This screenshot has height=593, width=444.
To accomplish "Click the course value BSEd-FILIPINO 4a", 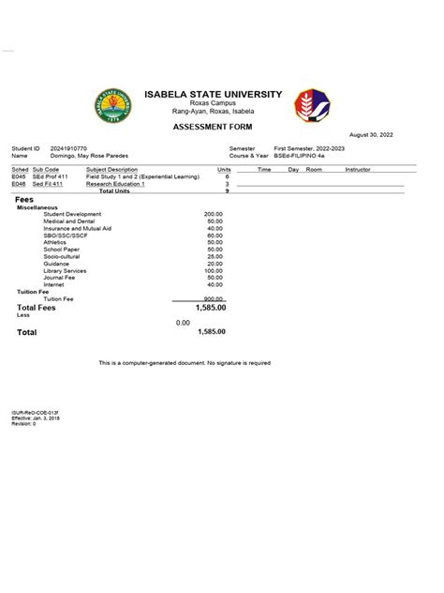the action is click(302, 155).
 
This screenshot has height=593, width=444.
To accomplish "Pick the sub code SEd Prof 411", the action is click(48, 176).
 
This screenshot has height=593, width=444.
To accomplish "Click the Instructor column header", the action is click(358, 169).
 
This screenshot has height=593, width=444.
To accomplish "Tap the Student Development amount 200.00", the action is click(214, 214).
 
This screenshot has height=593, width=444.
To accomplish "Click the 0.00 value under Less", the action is click(184, 322).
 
